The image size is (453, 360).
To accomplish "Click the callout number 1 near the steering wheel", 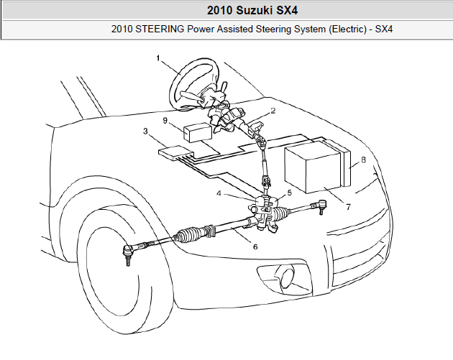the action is click(158, 58).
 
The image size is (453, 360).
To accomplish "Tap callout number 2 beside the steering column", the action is click(273, 111).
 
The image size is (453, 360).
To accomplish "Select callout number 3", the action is click(145, 131).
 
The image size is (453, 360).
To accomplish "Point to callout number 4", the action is click(219, 193).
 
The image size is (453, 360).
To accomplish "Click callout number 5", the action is click(290, 193).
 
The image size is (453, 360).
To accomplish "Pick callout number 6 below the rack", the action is click(255, 246).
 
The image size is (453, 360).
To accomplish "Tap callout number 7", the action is click(348, 207).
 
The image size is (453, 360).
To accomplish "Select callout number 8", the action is click(363, 160).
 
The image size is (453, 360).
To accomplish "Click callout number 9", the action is click(165, 121).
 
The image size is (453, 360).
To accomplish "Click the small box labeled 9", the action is click(198, 132).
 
